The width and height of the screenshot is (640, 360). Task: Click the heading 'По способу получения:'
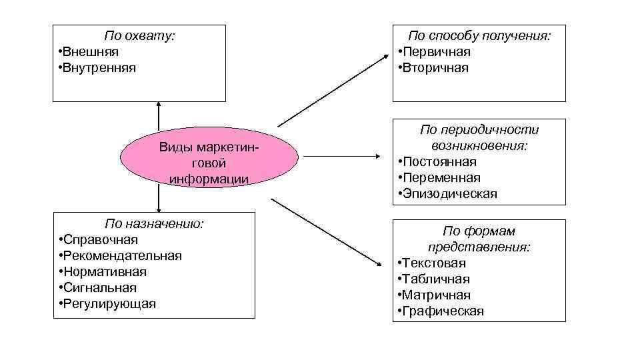[x=479, y=35]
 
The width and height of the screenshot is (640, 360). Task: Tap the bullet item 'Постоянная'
[x=439, y=162]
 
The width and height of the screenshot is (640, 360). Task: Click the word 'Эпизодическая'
[x=449, y=194]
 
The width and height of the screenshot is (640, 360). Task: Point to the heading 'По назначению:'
[x=154, y=223]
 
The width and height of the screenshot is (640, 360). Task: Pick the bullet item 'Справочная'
[x=100, y=240]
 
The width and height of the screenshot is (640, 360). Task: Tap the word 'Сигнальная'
[x=99, y=288]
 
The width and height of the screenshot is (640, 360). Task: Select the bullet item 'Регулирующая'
[x=109, y=304]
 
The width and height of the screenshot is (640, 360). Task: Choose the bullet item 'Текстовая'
[x=434, y=263]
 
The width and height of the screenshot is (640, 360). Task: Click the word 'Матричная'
[x=437, y=295]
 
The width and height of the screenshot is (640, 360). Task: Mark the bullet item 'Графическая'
[x=443, y=311]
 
